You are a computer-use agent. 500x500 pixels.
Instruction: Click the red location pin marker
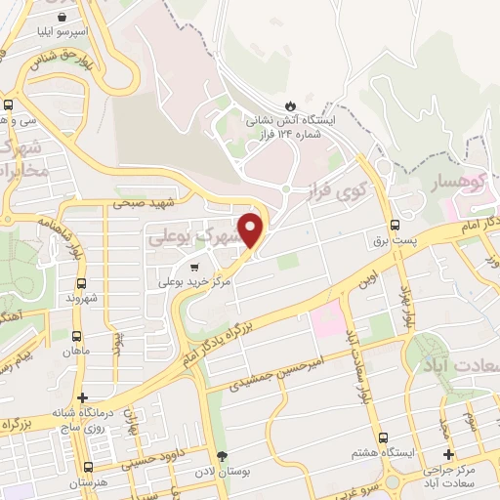coord(252,229)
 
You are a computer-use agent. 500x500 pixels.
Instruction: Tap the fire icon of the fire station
coord(289,104)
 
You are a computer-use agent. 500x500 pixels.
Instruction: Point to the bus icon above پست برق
coord(395,224)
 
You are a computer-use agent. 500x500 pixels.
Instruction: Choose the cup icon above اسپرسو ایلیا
coord(62,17)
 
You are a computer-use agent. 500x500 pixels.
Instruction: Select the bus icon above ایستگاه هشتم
coord(383,438)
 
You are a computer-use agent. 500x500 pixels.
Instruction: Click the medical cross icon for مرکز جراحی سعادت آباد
coord(448,454)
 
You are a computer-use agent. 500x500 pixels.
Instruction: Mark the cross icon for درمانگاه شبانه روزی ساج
coord(83,397)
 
